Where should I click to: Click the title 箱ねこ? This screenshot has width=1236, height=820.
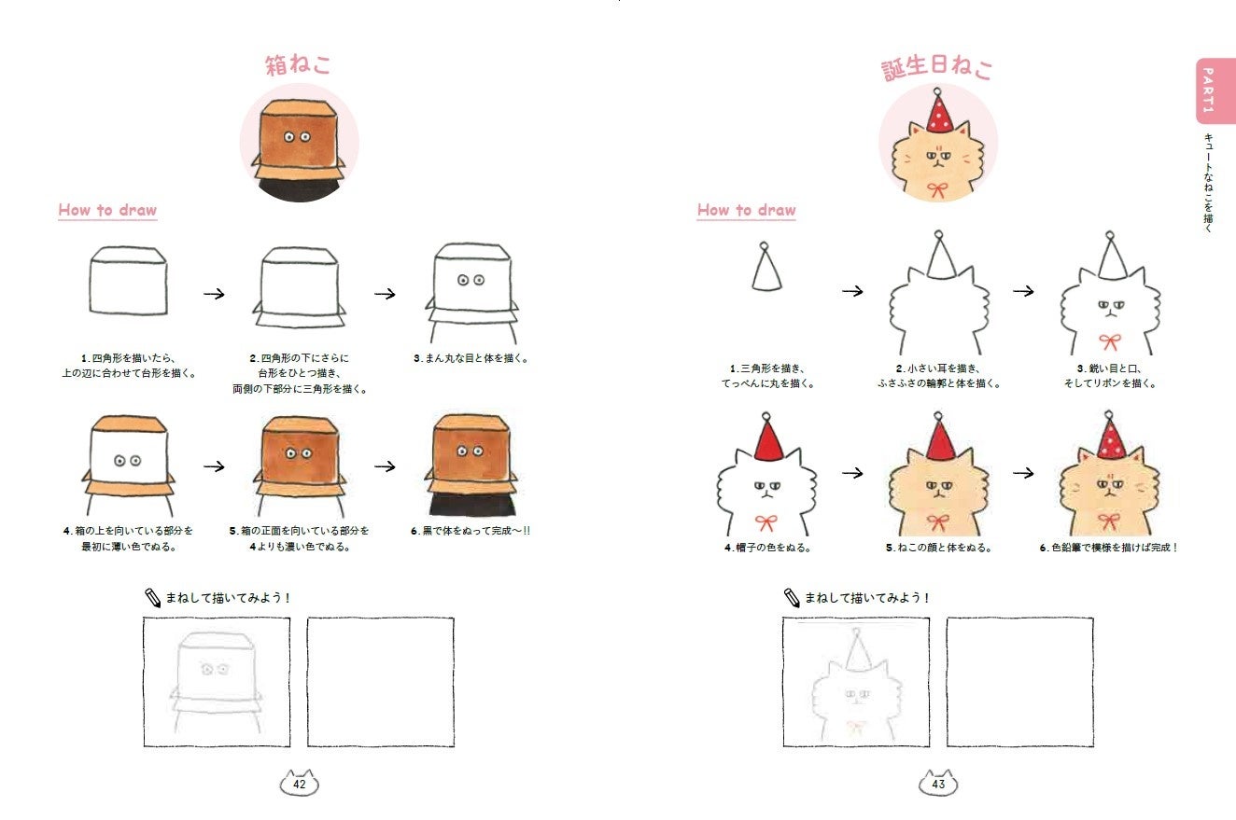coord(298,64)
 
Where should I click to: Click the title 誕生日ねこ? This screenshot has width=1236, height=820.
coord(936,68)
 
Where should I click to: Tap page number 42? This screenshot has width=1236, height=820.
coord(299,784)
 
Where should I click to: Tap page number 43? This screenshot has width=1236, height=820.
coord(938,784)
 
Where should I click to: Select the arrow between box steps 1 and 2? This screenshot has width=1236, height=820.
coord(214,294)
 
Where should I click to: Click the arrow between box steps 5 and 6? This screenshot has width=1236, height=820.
coord(386,466)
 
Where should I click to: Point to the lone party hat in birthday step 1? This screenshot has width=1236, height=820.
coord(766,267)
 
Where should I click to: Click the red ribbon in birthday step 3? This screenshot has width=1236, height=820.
coord(1110,341)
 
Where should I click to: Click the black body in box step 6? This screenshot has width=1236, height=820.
coord(472,505)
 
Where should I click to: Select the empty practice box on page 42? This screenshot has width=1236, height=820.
coord(381,682)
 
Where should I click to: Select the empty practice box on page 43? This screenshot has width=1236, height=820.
coord(1020,682)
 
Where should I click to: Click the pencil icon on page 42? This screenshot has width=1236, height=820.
coord(152,598)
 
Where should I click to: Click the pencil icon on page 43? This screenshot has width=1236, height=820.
coord(792,598)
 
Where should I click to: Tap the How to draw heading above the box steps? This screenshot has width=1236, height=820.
coord(107,210)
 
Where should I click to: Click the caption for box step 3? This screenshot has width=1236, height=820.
coord(471,358)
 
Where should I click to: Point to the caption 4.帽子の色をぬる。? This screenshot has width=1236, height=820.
coord(767,548)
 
